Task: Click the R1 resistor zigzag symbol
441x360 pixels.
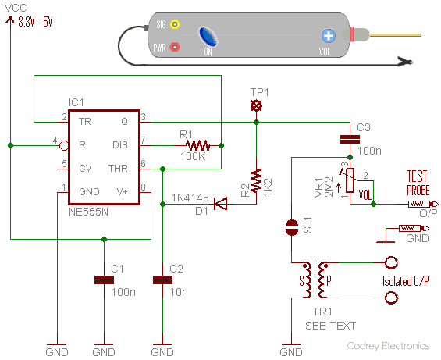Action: [197, 145]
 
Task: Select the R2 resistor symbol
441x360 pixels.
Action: [256, 180]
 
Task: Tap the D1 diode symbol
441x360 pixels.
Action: [220, 204]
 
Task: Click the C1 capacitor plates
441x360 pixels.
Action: [104, 280]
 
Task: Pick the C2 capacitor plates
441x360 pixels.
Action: [162, 280]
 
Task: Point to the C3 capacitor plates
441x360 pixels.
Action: [350, 139]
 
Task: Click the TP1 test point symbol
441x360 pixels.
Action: [256, 106]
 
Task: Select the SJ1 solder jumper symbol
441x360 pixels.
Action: [292, 227]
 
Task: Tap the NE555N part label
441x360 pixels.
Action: [88, 212]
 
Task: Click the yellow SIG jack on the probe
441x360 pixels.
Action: [175, 24]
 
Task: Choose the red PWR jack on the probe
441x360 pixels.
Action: [175, 47]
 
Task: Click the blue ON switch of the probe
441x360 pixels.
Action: [208, 36]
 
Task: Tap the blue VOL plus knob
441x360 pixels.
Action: [329, 36]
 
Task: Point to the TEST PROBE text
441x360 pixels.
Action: [418, 183]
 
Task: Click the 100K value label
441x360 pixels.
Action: [193, 156]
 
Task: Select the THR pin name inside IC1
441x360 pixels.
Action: [118, 169]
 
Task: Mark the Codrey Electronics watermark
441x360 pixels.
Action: [389, 346]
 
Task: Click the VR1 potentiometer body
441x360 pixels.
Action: [350, 180]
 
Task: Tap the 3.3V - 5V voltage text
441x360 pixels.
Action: [35, 22]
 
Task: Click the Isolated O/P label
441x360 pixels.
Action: [406, 281]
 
